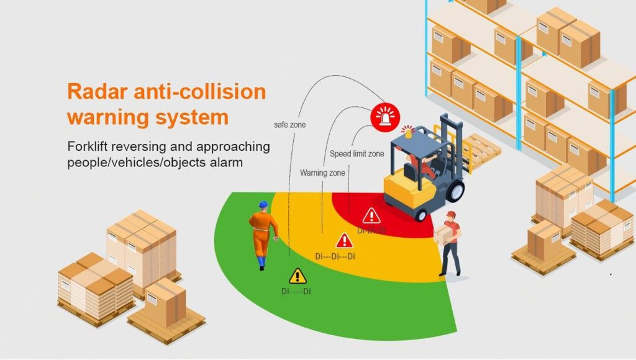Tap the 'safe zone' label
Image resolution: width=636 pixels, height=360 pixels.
[x=289, y=125]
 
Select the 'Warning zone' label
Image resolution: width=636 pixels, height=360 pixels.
[x=322, y=172]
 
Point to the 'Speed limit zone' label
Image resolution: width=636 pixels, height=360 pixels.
[x=357, y=153]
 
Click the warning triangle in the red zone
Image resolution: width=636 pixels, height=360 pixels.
[x=371, y=215]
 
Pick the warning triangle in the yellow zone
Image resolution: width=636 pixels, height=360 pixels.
[x=344, y=240]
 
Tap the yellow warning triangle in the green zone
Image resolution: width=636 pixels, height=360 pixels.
[x=298, y=275]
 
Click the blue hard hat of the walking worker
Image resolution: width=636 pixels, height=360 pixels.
[x=263, y=204]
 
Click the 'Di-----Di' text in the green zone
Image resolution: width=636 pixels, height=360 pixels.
[x=296, y=291]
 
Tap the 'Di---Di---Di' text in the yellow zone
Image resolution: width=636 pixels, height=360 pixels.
[x=335, y=256]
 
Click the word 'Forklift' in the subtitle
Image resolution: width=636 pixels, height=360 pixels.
[x=88, y=147]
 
